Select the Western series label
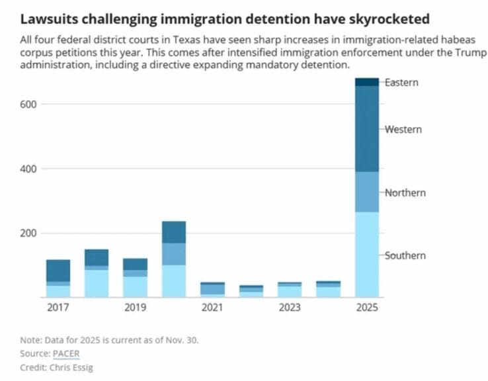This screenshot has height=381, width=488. tap(403, 129)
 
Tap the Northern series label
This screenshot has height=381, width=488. tap(405, 192)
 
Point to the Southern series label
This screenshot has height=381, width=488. tap(405, 255)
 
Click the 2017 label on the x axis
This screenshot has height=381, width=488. tap(58, 308)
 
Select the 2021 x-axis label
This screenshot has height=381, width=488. tap(212, 308)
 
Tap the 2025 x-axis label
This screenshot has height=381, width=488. tap(367, 308)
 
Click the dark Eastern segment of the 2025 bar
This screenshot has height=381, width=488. tap(367, 82)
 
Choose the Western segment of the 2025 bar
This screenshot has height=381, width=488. tap(367, 129)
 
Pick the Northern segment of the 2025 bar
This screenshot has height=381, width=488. tap(367, 192)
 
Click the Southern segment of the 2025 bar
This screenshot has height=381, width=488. tap(367, 255)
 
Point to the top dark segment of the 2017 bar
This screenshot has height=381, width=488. tap(58, 270)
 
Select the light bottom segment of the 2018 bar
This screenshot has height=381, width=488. tap(97, 283)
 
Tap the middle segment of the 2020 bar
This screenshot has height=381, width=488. tap(174, 254)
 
